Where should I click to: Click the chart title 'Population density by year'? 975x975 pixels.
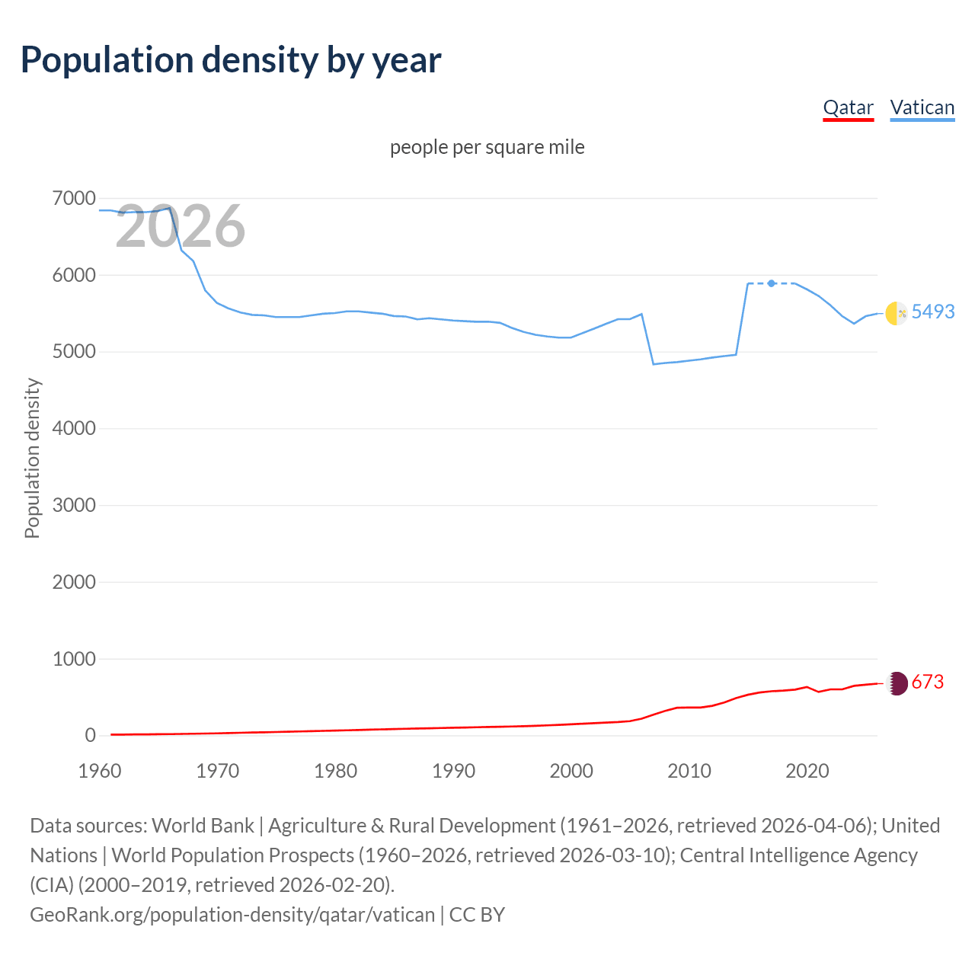(x=231, y=60)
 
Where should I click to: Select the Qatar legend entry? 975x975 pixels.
(x=848, y=107)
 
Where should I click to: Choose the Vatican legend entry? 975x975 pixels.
(x=922, y=107)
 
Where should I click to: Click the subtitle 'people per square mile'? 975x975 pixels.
(x=487, y=147)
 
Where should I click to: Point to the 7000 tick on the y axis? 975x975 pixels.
(x=74, y=199)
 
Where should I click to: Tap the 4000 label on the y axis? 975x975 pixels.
(x=74, y=429)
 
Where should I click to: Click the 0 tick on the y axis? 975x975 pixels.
(x=91, y=735)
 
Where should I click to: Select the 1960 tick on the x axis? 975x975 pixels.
(x=100, y=771)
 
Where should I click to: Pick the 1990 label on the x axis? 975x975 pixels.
(x=453, y=771)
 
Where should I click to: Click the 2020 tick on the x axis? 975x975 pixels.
(x=807, y=771)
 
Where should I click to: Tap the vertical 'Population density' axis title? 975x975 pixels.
(x=32, y=459)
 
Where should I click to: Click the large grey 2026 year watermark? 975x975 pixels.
(x=181, y=226)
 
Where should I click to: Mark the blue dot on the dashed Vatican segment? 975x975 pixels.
(x=772, y=283)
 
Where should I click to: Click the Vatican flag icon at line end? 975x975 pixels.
(x=897, y=313)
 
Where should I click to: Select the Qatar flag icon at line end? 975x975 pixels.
(x=897, y=683)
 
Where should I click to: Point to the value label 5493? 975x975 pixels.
(x=932, y=312)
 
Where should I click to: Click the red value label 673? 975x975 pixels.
(x=927, y=682)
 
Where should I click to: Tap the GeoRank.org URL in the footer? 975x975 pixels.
(x=232, y=914)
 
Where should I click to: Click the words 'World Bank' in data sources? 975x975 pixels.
(x=203, y=826)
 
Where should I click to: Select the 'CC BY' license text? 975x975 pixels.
(x=477, y=914)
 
